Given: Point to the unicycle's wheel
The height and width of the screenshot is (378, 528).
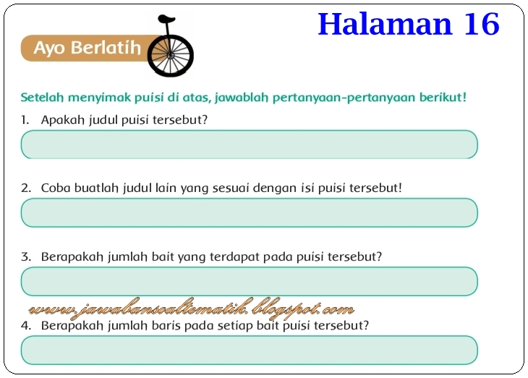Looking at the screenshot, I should tap(171, 54).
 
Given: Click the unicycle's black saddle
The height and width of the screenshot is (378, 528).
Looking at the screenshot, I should tap(166, 19).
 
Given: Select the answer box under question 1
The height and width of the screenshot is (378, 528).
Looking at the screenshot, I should tap(250, 144).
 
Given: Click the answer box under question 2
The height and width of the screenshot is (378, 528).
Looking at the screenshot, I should tap(250, 213).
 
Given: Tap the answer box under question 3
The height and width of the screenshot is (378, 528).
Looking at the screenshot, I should tap(250, 281).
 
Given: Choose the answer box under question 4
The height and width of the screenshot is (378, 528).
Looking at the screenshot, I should tap(250, 350).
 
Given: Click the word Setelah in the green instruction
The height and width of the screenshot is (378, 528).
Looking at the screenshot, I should tap(41, 96).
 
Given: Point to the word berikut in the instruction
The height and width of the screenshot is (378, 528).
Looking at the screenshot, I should tap(442, 96).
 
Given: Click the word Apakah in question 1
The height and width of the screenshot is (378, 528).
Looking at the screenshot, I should tap(61, 119).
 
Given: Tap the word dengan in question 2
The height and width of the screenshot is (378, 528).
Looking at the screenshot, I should tap(276, 188).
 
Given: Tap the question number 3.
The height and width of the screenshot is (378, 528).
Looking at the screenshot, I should tap(26, 256).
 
